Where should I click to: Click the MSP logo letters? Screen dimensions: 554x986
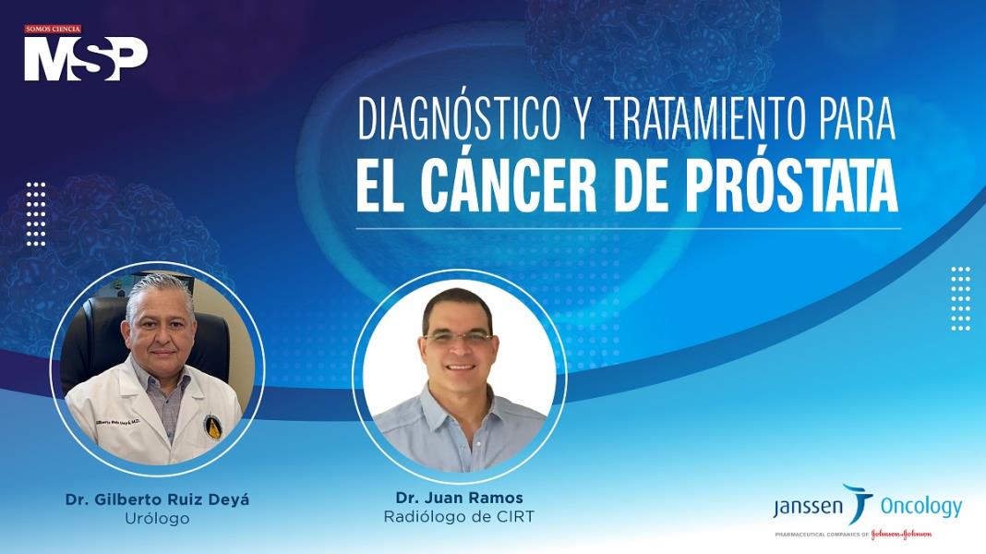click(85, 58)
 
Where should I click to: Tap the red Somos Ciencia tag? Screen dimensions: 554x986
click(53, 30)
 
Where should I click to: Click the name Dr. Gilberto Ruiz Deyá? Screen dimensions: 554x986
click(157, 500)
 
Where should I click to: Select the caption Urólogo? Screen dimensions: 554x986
click(157, 519)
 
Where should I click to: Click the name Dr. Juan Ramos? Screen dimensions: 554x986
click(459, 499)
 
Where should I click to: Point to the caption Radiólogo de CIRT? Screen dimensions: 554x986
click(459, 517)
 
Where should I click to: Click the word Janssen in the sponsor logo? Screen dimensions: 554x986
click(806, 507)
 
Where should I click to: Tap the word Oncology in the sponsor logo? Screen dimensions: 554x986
click(920, 506)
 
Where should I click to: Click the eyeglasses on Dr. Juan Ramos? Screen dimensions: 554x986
click(458, 338)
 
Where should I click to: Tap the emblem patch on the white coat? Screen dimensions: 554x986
click(212, 424)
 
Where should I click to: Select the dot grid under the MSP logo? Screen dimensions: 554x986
click(36, 213)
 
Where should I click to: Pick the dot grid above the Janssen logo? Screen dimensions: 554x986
click(961, 297)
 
